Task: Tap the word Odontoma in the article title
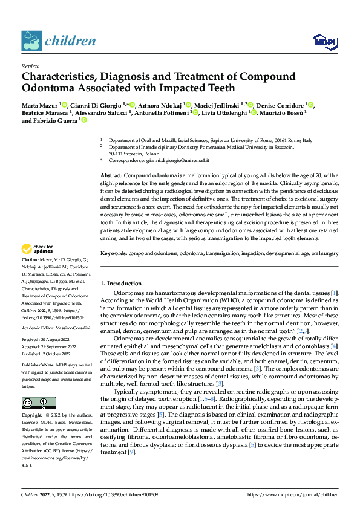tap(52, 88)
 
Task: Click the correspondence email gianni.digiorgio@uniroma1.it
tap(180, 161)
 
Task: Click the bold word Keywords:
tap(114, 254)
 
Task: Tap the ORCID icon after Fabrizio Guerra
tap(83, 120)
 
